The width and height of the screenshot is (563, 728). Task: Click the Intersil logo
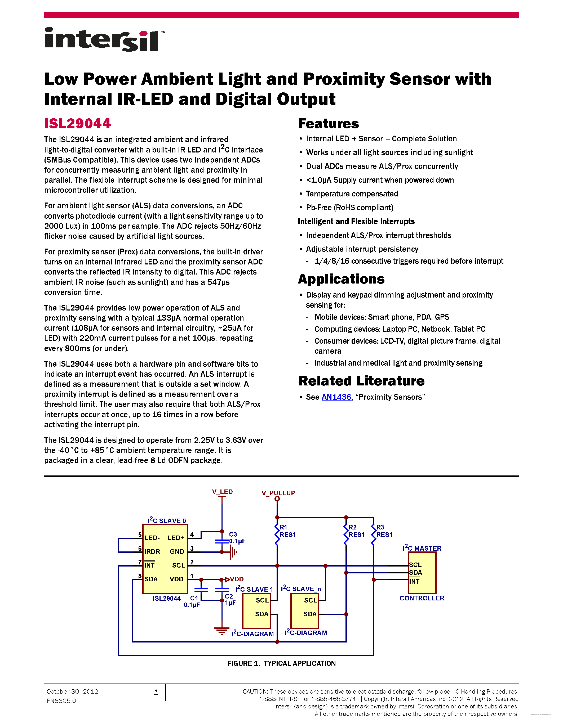(104, 39)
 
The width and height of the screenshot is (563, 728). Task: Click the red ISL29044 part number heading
(77, 124)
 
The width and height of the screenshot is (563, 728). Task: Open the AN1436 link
(336, 397)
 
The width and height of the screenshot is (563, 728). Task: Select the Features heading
(328, 124)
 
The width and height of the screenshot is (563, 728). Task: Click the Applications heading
(341, 279)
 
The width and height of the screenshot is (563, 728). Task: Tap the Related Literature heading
(361, 381)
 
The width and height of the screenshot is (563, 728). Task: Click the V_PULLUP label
(278, 493)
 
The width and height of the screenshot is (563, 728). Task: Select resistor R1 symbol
(277, 534)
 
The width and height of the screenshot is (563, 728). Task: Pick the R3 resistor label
(380, 527)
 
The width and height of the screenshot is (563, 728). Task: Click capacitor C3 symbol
(222, 541)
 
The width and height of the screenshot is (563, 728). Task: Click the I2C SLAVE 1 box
(256, 611)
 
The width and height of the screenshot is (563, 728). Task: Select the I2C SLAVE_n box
(304, 611)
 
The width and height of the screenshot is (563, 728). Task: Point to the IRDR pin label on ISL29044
(152, 552)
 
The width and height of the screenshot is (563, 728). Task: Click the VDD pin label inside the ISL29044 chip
(176, 579)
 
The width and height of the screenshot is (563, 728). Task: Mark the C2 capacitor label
(229, 596)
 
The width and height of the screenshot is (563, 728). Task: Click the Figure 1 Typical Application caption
(281, 663)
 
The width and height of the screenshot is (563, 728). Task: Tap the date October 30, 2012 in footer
(72, 692)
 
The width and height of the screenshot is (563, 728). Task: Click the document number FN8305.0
(61, 701)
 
